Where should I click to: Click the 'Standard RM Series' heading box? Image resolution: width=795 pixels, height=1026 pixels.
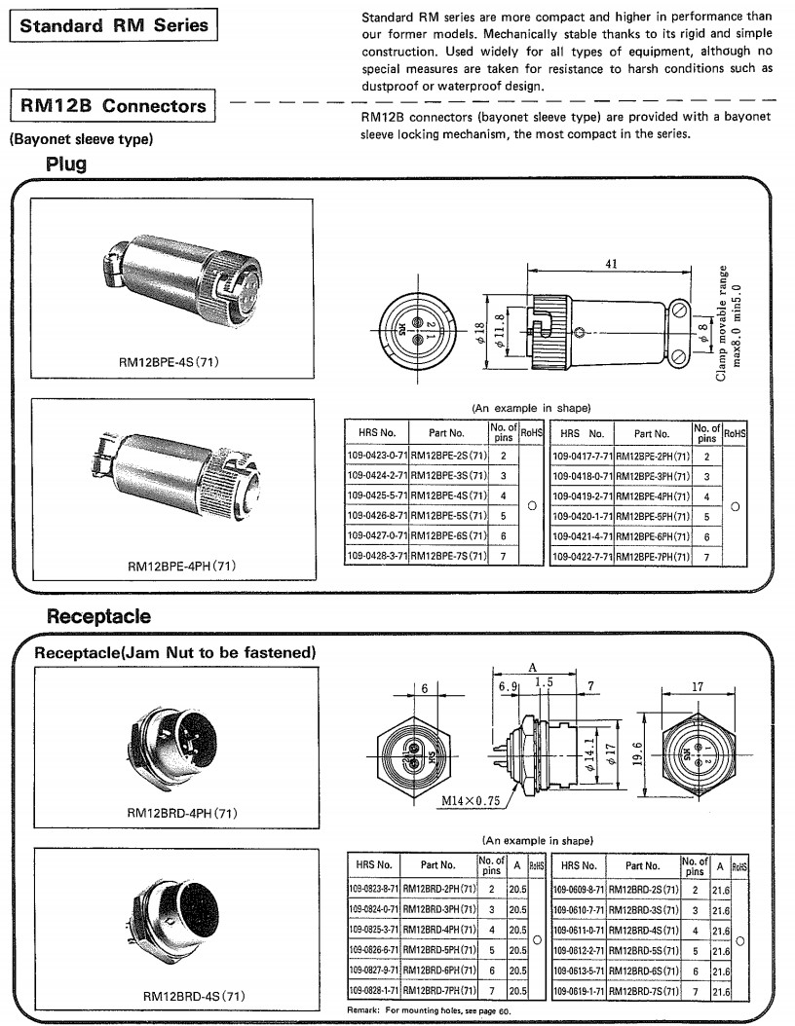(114, 25)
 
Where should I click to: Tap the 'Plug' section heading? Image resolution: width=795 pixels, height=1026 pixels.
(65, 164)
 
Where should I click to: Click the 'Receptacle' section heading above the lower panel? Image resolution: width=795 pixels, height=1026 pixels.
(98, 615)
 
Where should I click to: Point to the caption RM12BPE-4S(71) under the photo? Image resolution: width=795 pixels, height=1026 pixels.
(169, 362)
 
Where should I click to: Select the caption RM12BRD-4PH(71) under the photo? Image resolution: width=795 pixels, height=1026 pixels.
(182, 812)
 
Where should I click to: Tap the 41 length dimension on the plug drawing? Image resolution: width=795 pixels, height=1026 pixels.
(611, 264)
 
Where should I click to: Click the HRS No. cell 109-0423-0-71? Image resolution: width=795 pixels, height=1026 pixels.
(377, 455)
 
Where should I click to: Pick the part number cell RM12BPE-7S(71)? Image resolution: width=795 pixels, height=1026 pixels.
(448, 556)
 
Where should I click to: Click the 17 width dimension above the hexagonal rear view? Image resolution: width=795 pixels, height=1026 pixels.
(697, 686)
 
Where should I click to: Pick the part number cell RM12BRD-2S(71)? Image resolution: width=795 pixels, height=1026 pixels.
(642, 889)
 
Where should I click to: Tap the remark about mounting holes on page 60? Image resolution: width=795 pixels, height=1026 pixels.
(429, 1011)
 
